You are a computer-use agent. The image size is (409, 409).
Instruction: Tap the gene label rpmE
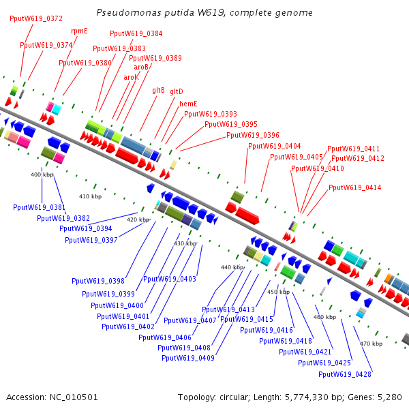tap(79, 31)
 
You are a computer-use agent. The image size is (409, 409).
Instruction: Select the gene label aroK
tap(131, 77)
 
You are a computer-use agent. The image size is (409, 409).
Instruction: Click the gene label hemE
tap(188, 104)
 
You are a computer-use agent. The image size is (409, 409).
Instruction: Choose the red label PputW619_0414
tap(354, 187)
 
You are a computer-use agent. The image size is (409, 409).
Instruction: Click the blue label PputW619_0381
tap(39, 207)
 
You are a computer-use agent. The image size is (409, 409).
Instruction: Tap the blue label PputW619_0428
tap(344, 374)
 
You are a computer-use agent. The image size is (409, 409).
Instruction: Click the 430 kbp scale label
tap(185, 243)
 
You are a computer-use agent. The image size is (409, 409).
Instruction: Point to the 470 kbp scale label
tap(371, 344)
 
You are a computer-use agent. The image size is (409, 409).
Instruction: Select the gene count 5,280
tap(389, 397)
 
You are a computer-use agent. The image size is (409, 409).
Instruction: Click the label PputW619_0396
tap(253, 135)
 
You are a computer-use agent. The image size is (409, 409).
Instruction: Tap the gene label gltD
tap(177, 91)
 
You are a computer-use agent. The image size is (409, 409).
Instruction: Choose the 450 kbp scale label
tap(278, 292)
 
